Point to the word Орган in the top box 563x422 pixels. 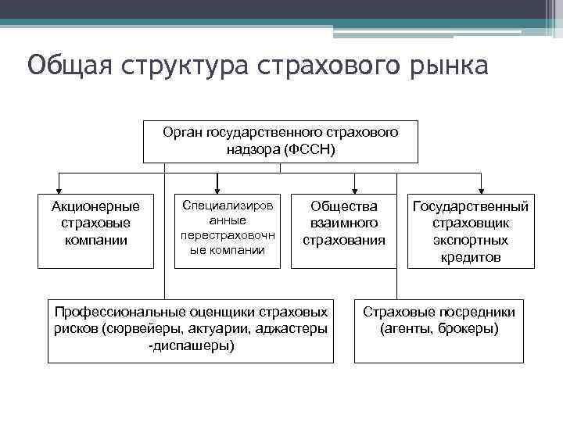(x=181, y=132)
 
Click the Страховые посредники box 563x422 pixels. (x=439, y=330)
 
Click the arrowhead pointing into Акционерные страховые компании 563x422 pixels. (x=59, y=188)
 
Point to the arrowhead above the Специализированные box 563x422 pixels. (x=217, y=188)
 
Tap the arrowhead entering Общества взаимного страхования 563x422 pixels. (x=355, y=188)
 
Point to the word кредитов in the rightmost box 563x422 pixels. (x=471, y=257)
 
